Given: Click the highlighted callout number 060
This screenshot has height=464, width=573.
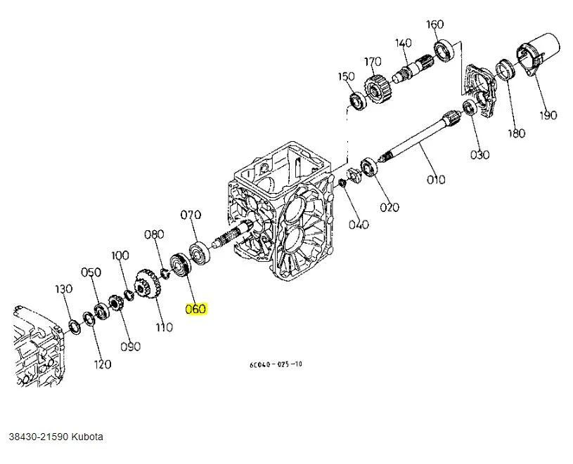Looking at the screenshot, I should pyautogui.click(x=195, y=309).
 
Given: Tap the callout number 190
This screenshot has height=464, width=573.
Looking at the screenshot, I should pyautogui.click(x=548, y=115).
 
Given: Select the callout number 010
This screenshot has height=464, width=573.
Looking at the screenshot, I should pyautogui.click(x=436, y=179).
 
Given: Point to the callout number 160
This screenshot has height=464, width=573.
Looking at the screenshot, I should pyautogui.click(x=435, y=25).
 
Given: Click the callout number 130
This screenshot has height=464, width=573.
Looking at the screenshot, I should pyautogui.click(x=64, y=289).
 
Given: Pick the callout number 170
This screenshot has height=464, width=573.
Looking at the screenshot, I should pyautogui.click(x=373, y=62).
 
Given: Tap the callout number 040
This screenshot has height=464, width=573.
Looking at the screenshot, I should pyautogui.click(x=359, y=225).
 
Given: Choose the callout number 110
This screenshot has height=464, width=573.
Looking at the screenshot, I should pyautogui.click(x=164, y=327).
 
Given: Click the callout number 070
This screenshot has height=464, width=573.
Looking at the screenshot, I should pyautogui.click(x=191, y=215).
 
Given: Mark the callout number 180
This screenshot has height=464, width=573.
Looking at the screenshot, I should pyautogui.click(x=517, y=133).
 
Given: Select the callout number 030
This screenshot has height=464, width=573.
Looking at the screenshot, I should pyautogui.click(x=479, y=154).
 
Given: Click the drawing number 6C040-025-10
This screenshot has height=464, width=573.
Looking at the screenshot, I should pyautogui.click(x=276, y=364).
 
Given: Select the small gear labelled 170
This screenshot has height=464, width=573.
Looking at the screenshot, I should pyautogui.click(x=375, y=91).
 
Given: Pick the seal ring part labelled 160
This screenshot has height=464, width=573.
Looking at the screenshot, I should pyautogui.click(x=444, y=50).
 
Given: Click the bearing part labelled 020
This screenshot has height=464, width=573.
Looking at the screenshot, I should pyautogui.click(x=368, y=168).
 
